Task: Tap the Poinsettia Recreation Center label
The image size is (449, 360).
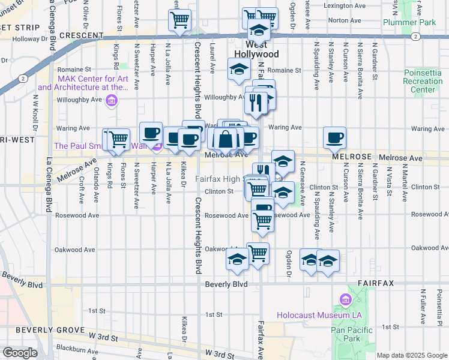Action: pyautogui.click(x=423, y=82)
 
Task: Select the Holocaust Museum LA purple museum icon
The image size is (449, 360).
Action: pyautogui.click(x=345, y=299)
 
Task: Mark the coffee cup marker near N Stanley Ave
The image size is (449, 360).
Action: pyautogui.click(x=334, y=138)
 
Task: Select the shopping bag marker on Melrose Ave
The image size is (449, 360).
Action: pyautogui.click(x=225, y=139)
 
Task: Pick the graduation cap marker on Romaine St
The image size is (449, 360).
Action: pyautogui.click(x=239, y=70)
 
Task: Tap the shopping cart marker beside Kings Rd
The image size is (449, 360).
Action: pyautogui.click(x=118, y=139)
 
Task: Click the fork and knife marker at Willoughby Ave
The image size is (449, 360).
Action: pyautogui.click(x=256, y=103)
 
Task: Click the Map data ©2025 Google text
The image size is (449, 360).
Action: pyautogui.click(x=412, y=355)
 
